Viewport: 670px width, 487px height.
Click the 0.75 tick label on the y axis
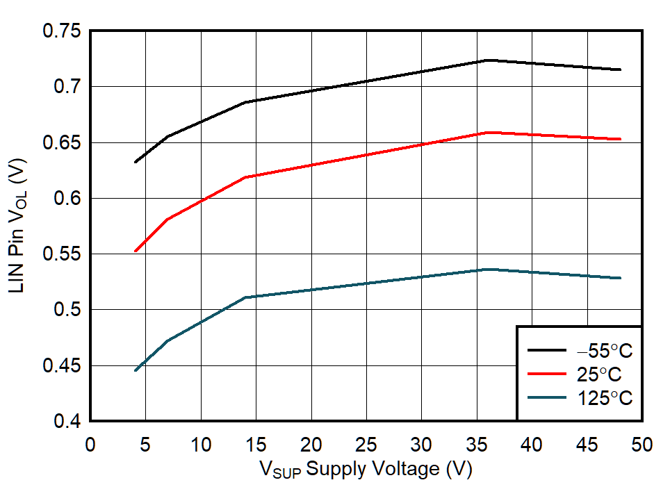[62, 31]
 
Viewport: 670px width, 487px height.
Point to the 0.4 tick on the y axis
[68, 421]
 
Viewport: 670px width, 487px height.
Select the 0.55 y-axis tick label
[62, 254]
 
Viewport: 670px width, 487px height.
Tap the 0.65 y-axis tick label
[62, 142]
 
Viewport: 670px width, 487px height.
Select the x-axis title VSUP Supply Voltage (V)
[366, 470]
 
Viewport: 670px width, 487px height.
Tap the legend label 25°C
[599, 374]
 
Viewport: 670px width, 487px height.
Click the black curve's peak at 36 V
[488, 60]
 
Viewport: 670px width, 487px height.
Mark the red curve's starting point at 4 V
[135, 251]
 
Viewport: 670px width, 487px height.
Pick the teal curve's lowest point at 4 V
[135, 371]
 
